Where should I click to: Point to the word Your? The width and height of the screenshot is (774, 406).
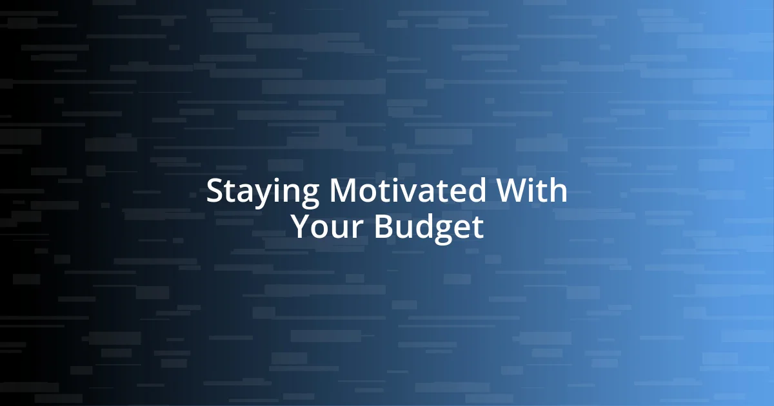click(x=328, y=227)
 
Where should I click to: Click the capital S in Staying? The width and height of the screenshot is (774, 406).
click(x=214, y=191)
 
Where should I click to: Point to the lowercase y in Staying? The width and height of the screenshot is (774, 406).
click(x=262, y=195)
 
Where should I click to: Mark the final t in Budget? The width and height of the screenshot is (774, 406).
click(x=477, y=227)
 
